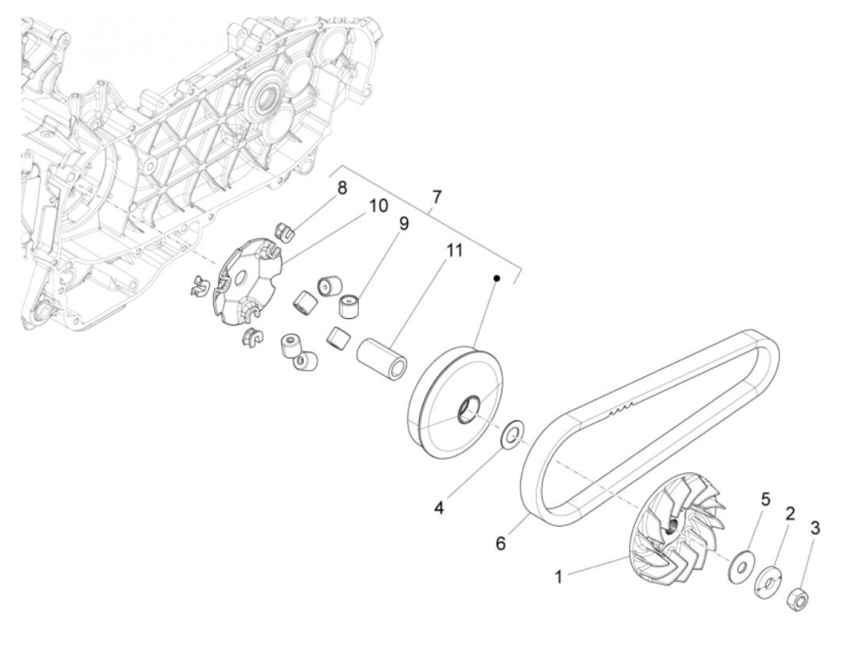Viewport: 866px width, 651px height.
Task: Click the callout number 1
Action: (559, 577)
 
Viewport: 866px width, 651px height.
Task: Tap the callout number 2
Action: (790, 513)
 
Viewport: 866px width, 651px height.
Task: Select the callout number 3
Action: (815, 528)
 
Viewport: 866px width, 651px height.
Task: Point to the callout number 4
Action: (439, 508)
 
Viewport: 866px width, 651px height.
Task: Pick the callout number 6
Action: (501, 543)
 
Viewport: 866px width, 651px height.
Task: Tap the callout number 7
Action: (437, 197)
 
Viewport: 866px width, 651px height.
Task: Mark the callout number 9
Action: (403, 223)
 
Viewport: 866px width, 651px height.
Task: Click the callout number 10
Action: (379, 205)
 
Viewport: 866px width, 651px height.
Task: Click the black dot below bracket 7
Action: (497, 279)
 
